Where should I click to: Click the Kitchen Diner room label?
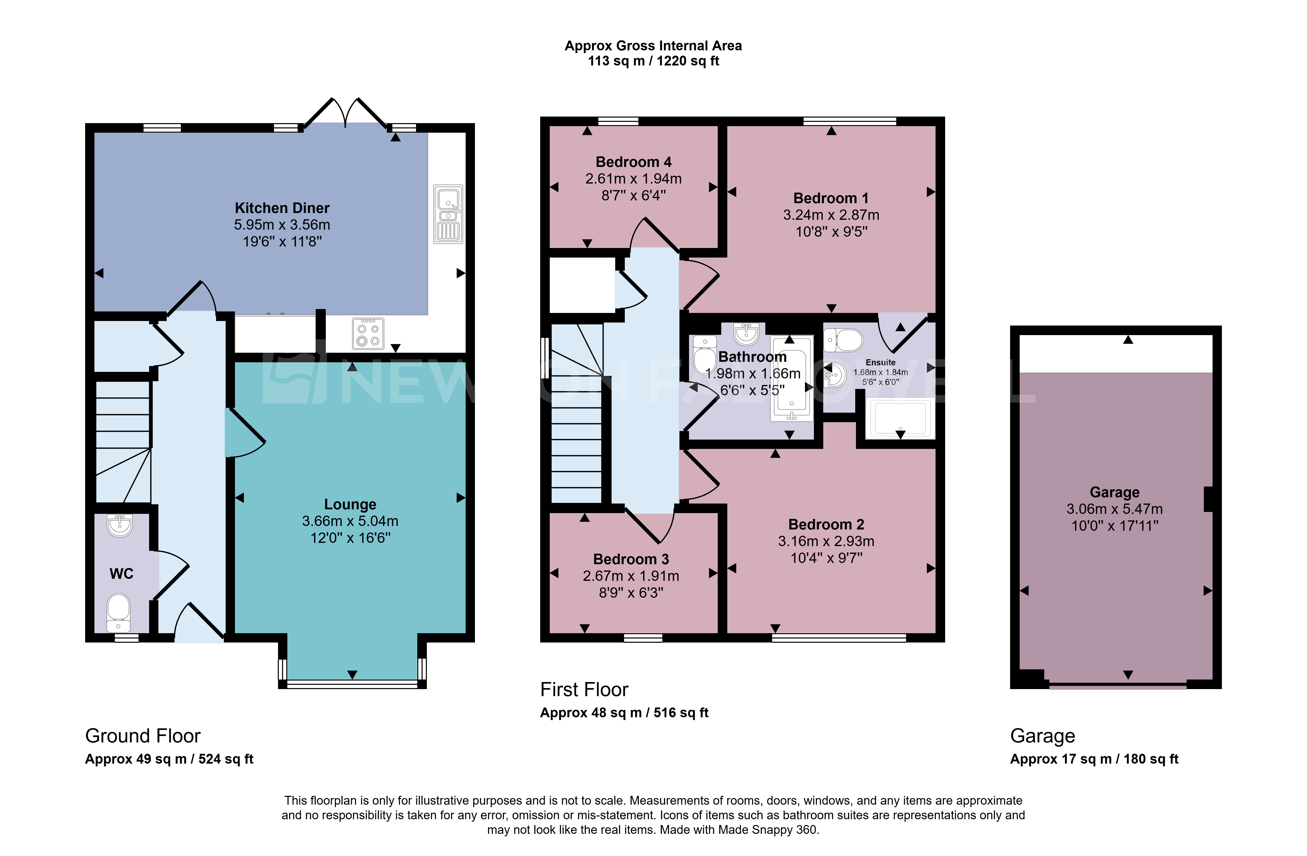tap(282, 208)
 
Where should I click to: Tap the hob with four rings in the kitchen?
tap(368, 333)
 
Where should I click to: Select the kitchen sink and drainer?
tap(448, 214)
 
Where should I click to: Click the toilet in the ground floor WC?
tap(118, 613)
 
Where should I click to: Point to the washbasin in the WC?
tap(120, 525)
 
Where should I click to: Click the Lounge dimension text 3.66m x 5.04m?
tap(350, 521)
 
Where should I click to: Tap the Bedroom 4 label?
tap(634, 162)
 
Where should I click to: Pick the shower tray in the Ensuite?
tap(900, 418)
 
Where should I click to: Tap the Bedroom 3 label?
tap(631, 559)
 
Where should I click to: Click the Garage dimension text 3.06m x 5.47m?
tap(1114, 509)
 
